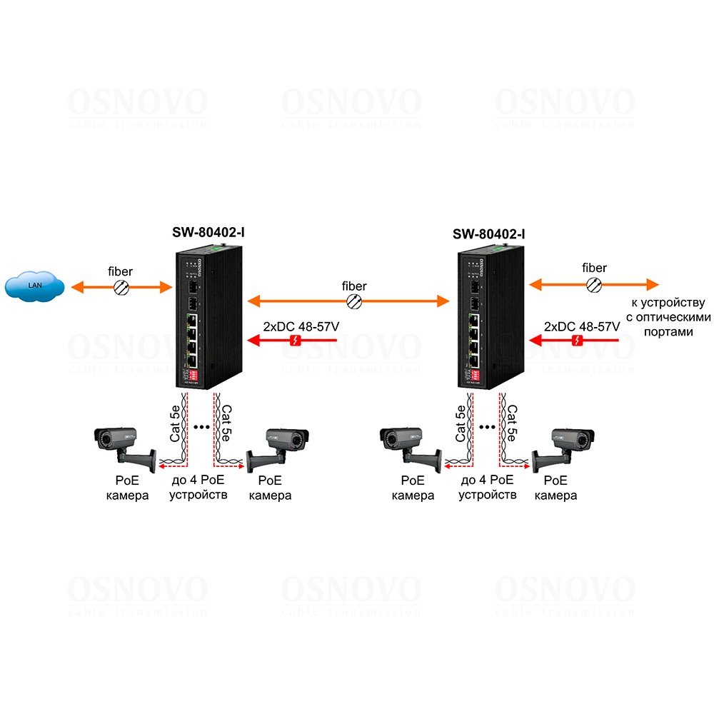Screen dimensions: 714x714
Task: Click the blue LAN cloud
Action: [x=34, y=286]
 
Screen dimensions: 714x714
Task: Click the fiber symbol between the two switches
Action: [x=353, y=301]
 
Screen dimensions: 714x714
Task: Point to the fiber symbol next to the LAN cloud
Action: [x=121, y=287]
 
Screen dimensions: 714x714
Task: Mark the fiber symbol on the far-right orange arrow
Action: [x=594, y=284]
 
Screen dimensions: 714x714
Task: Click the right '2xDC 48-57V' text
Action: [x=582, y=326]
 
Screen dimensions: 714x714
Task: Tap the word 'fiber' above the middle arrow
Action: [x=354, y=286]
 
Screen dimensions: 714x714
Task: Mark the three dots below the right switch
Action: [x=487, y=427]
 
